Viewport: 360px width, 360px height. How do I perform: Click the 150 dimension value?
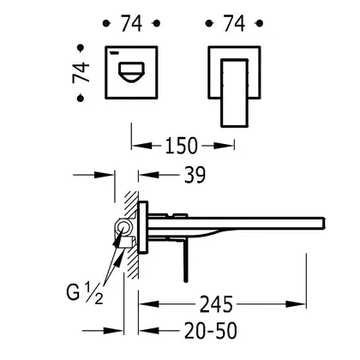click(182, 146)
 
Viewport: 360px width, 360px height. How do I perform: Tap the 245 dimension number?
click(216, 304)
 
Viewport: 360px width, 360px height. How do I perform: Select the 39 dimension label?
click(195, 175)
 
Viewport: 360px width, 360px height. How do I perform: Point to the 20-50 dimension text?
click(211, 331)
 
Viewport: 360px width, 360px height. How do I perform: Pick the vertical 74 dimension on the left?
click(81, 73)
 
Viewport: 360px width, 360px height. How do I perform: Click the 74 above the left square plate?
click(131, 23)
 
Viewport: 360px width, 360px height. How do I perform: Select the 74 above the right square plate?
click(234, 23)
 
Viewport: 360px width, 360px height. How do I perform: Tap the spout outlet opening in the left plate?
click(131, 72)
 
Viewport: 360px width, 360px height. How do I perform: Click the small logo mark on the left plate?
click(114, 52)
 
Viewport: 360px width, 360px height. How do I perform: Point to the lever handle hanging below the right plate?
click(234, 93)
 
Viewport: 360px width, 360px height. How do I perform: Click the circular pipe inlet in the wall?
click(123, 227)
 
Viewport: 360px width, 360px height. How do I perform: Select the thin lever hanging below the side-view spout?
click(186, 261)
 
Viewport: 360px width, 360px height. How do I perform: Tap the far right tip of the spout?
click(325, 224)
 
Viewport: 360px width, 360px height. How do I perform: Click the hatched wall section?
click(131, 235)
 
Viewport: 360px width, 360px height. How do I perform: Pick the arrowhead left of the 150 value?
click(142, 146)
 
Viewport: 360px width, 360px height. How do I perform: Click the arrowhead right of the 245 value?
click(296, 304)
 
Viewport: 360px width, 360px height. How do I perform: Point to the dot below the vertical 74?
click(81, 99)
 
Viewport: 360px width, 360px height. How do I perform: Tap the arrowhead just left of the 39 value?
click(148, 175)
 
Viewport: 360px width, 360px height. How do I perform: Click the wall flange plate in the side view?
click(143, 228)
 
